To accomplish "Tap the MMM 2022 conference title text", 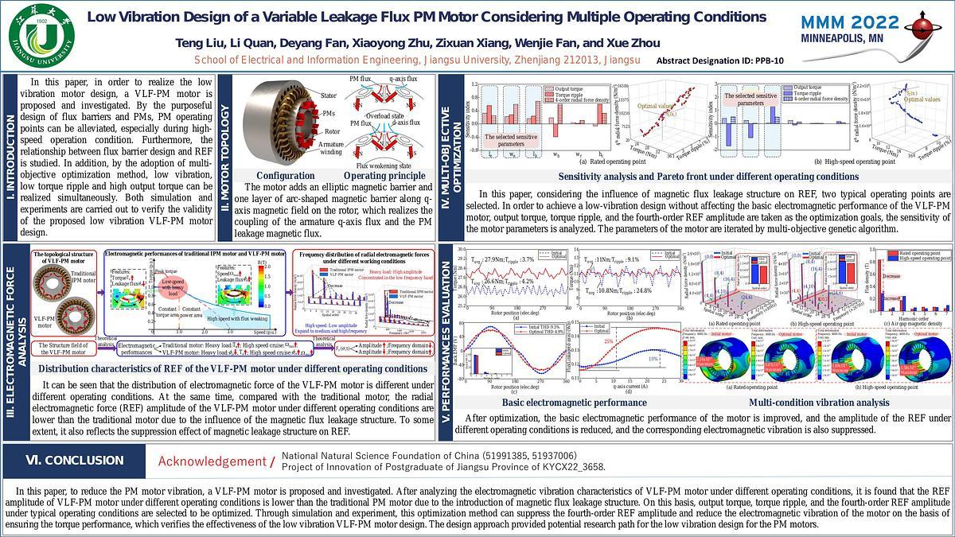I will coord(850,22).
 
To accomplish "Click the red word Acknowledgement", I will coord(210,461).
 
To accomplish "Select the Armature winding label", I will coord(333,148).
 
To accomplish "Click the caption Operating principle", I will coord(384,176).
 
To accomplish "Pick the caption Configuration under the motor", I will coord(292,176).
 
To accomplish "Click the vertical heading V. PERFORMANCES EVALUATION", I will coord(446,333).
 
